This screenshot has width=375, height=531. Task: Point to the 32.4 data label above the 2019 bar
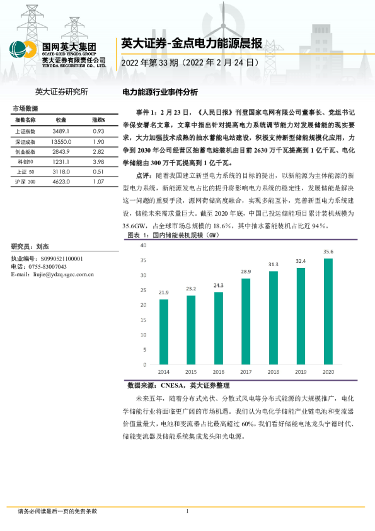click(x=301, y=261)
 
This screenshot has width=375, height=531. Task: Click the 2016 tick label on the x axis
click(x=218, y=372)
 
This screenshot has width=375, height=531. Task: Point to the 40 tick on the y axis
click(x=144, y=244)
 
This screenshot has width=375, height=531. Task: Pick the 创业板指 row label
click(x=25, y=151)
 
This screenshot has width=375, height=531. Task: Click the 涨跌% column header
click(x=98, y=119)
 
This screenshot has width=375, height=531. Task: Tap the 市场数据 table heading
click(x=25, y=108)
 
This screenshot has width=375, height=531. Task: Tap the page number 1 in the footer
click(x=188, y=511)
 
